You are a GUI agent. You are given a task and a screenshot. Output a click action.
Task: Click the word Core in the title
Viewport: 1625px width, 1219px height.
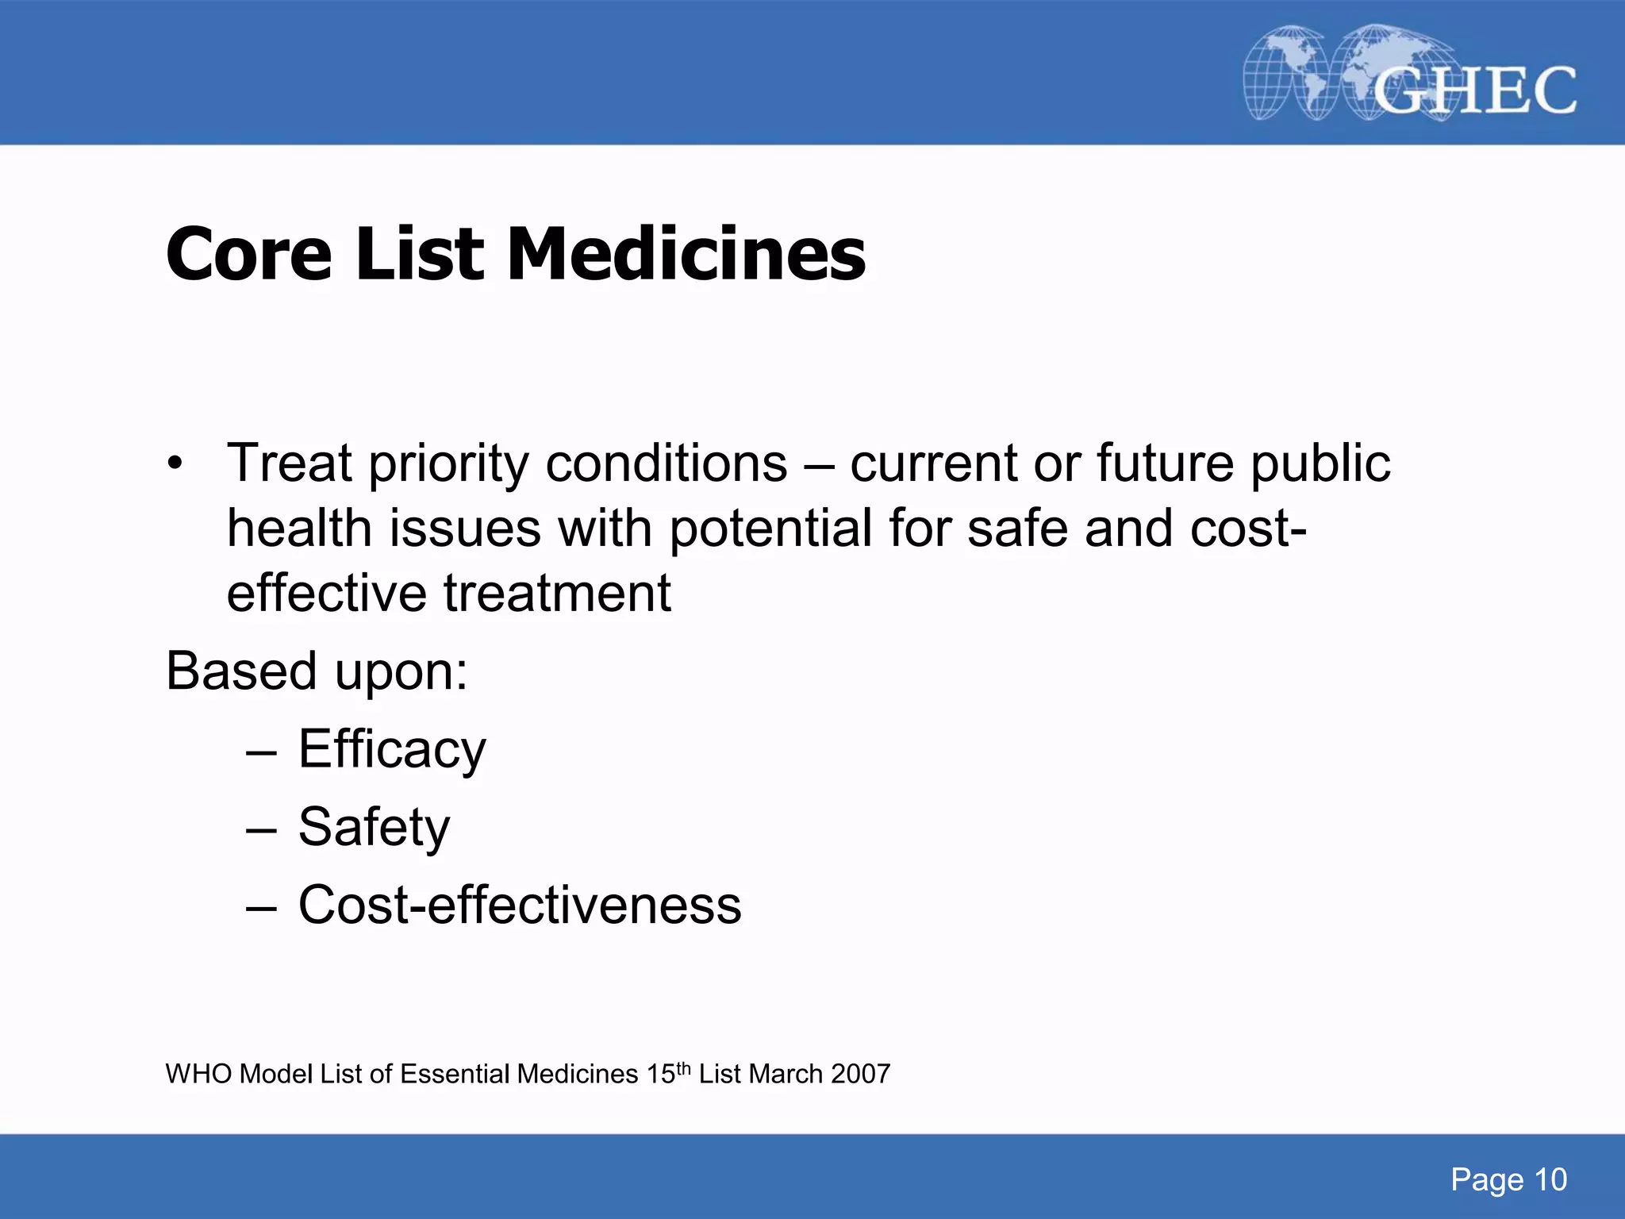[x=248, y=255]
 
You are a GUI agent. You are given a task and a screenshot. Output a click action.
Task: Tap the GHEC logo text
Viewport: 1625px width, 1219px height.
[x=1474, y=90]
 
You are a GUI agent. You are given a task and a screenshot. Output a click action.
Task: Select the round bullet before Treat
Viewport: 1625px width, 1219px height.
[x=175, y=463]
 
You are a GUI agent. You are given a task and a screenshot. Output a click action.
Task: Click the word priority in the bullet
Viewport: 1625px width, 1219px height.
[x=448, y=463]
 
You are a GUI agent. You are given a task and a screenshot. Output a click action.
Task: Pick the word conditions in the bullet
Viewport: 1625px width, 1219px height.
[x=667, y=463]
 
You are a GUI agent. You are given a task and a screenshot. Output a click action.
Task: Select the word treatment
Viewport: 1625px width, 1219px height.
[x=557, y=594]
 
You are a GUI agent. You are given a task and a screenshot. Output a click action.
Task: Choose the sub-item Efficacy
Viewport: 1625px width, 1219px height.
[x=392, y=749]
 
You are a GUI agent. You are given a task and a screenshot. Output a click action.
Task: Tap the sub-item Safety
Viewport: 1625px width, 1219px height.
[x=374, y=827]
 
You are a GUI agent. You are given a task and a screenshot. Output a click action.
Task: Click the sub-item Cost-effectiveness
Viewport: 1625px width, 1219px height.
[x=520, y=906]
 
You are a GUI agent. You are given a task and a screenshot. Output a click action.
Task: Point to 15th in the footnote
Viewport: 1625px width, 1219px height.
[x=668, y=1073]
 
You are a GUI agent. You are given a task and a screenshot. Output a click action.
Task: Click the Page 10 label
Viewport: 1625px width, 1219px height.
[x=1508, y=1180]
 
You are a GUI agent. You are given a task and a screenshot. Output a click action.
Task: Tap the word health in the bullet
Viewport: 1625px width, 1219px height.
[x=299, y=529]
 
